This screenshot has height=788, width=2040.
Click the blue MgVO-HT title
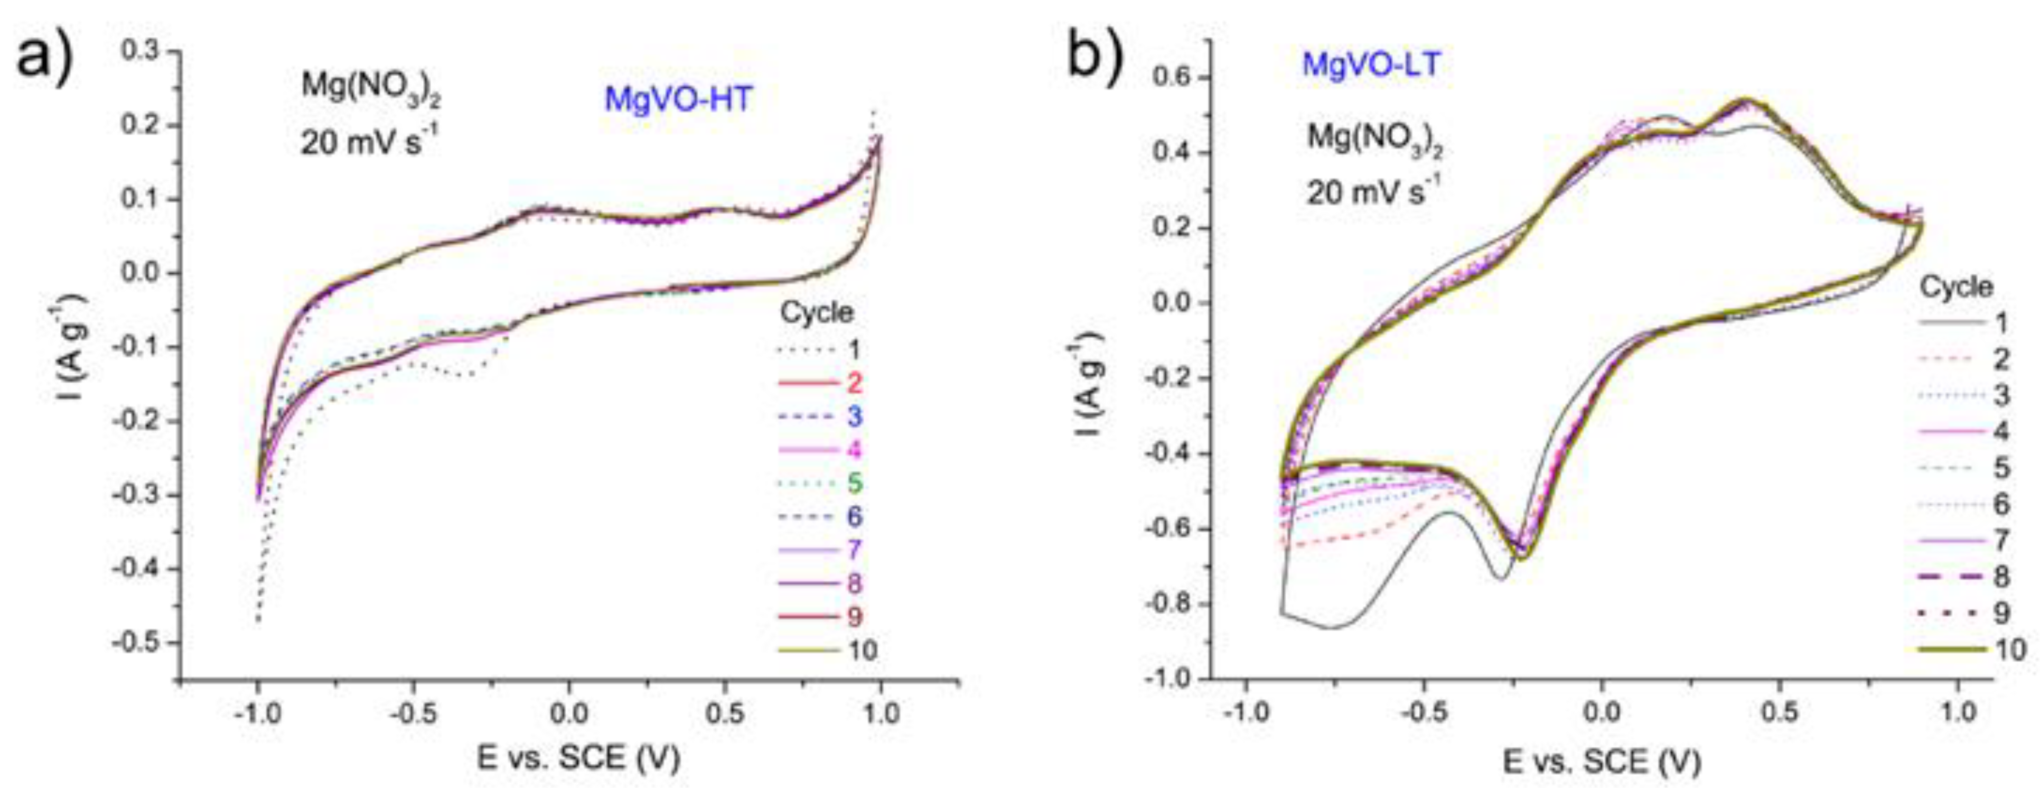(x=678, y=100)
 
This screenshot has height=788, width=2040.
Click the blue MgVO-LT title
(x=1371, y=64)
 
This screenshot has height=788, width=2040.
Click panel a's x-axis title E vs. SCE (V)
(x=579, y=759)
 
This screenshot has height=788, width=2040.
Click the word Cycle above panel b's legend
(x=1955, y=286)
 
